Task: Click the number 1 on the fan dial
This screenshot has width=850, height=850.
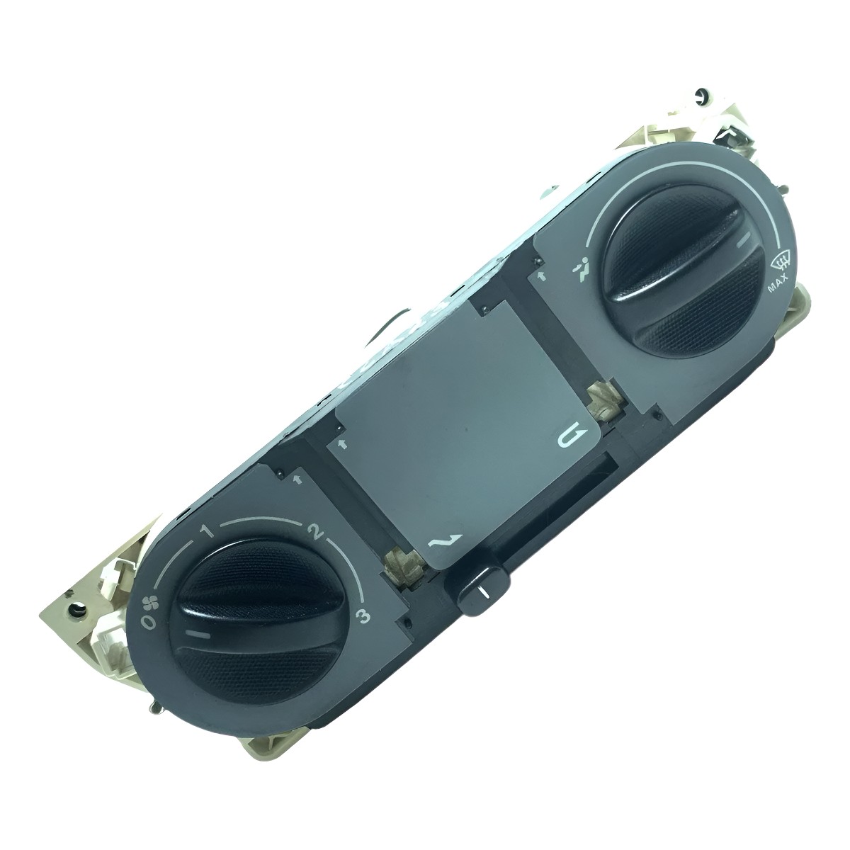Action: pos(207,531)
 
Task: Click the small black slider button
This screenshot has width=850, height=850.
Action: pos(484,590)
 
